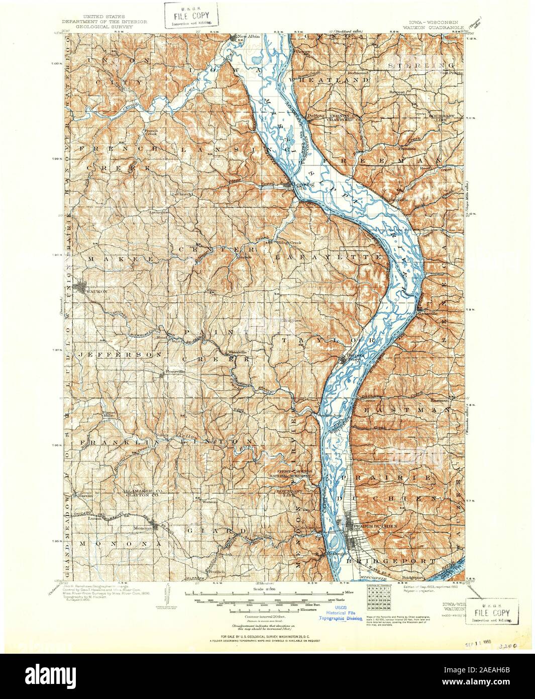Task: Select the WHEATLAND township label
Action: pyautogui.click(x=328, y=80)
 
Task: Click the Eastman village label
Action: pyautogui.click(x=440, y=399)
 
